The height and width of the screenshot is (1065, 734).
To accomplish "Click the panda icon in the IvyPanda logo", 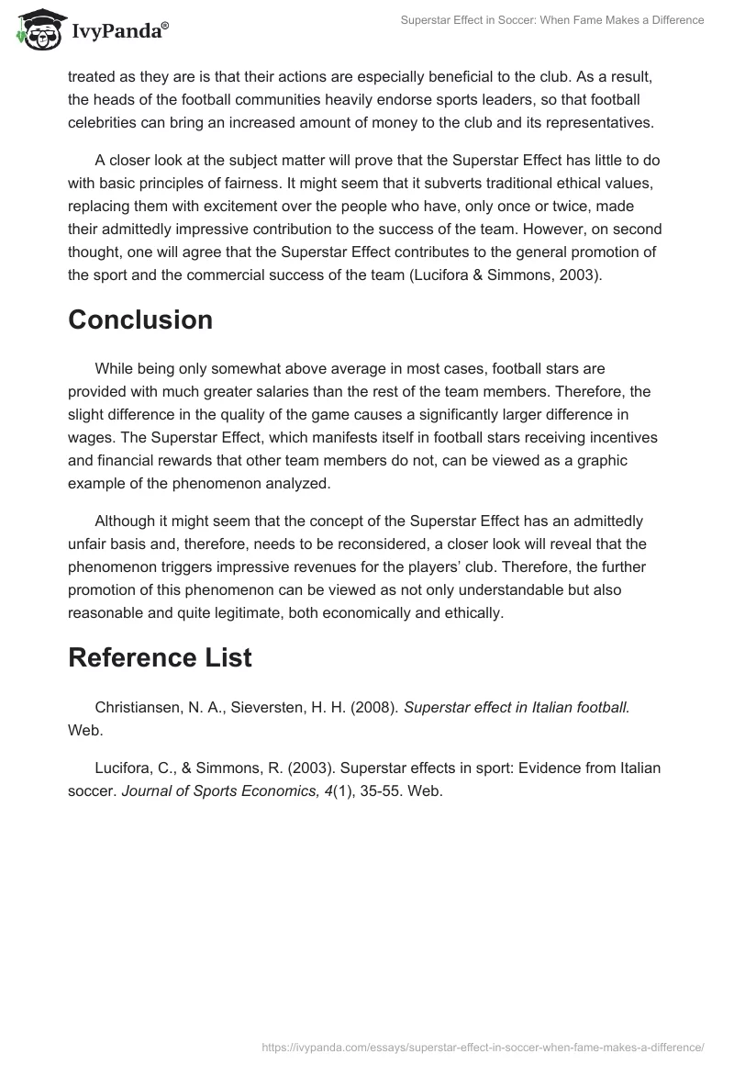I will pos(35,31).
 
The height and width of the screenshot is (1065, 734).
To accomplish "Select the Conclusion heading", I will pos(140,319).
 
